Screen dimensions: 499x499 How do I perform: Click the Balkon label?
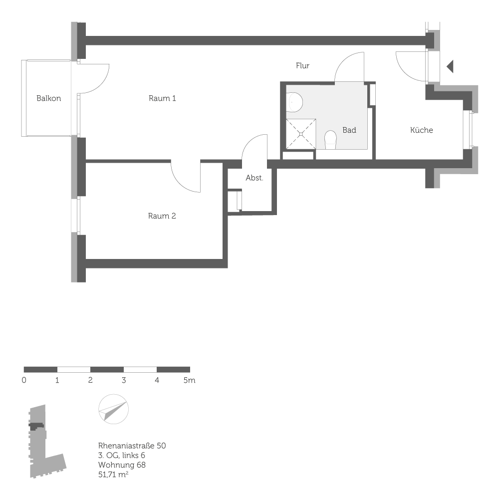[48, 98]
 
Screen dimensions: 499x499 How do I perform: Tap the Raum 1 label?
[162, 98]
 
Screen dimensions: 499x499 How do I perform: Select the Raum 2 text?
[162, 216]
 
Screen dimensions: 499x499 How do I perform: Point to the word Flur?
[302, 65]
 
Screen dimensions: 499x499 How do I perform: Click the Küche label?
[421, 130]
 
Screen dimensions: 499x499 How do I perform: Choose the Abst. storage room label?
[254, 178]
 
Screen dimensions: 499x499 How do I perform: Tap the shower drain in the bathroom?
[301, 134]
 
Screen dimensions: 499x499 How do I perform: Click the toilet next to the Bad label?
[330, 139]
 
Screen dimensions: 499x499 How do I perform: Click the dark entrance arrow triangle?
[450, 66]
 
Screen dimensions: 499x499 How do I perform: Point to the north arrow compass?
[113, 410]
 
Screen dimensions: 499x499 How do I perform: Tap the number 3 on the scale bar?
[123, 380]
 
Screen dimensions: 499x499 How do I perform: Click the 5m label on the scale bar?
[189, 380]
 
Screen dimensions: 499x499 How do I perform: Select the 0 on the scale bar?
[24, 380]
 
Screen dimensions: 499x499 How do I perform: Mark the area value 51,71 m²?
[113, 475]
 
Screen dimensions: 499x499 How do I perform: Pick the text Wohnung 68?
[122, 465]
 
